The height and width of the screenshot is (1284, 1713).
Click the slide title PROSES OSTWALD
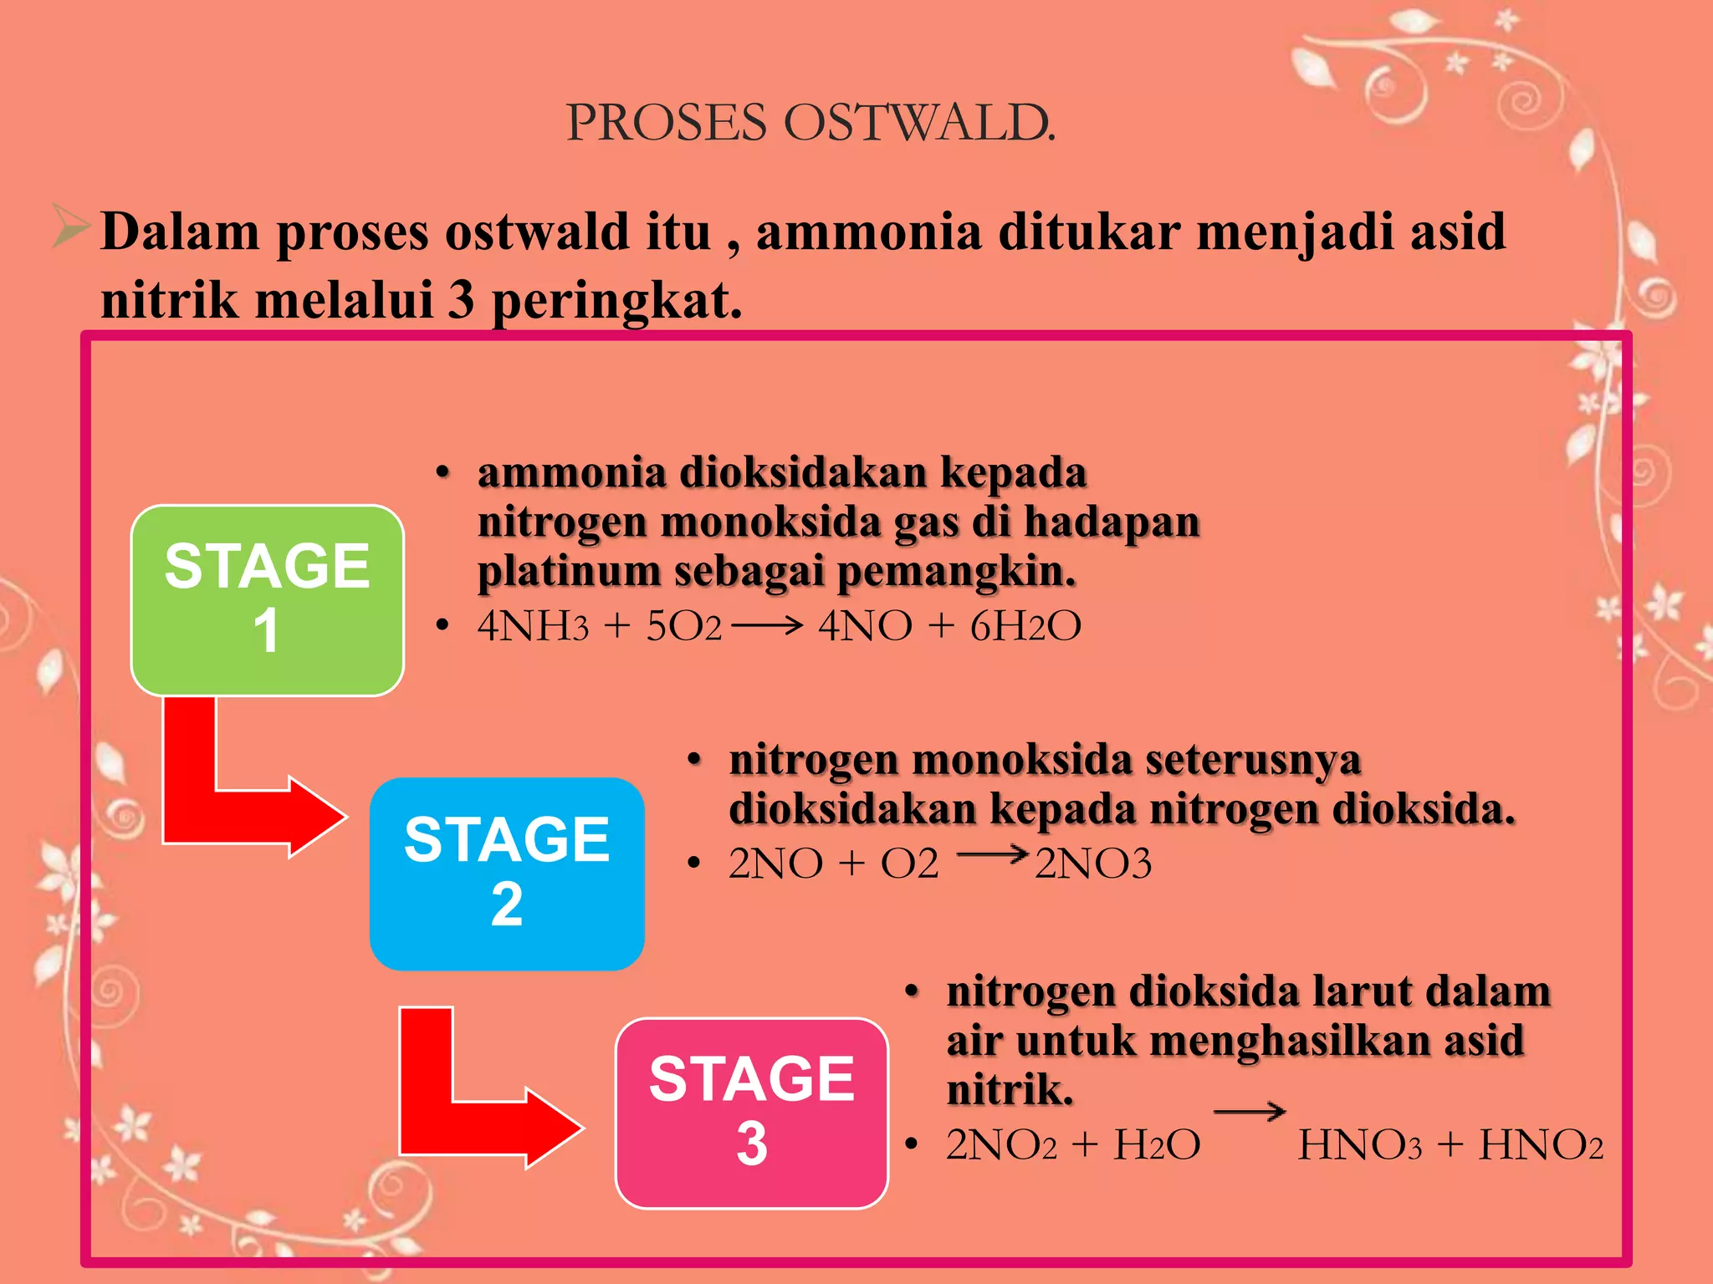pyautogui.click(x=810, y=124)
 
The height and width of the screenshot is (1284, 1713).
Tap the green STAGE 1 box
pyautogui.click(x=268, y=599)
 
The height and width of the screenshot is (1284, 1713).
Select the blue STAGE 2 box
pyautogui.click(x=507, y=874)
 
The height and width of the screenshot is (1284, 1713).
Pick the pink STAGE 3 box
pyautogui.click(x=751, y=1113)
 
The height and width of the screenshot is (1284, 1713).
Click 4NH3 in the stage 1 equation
pyautogui.click(x=533, y=626)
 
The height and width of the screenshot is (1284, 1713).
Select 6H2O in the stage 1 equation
pyautogui.click(x=1025, y=626)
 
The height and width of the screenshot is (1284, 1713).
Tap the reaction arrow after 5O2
pyautogui.click(x=767, y=624)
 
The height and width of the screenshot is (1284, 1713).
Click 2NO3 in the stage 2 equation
pyautogui.click(x=1093, y=864)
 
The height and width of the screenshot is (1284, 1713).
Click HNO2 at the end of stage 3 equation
pyautogui.click(x=1541, y=1145)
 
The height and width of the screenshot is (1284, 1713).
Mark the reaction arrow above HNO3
pyautogui.click(x=1249, y=1112)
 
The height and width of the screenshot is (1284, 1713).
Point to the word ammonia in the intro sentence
pyautogui.click(x=868, y=232)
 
